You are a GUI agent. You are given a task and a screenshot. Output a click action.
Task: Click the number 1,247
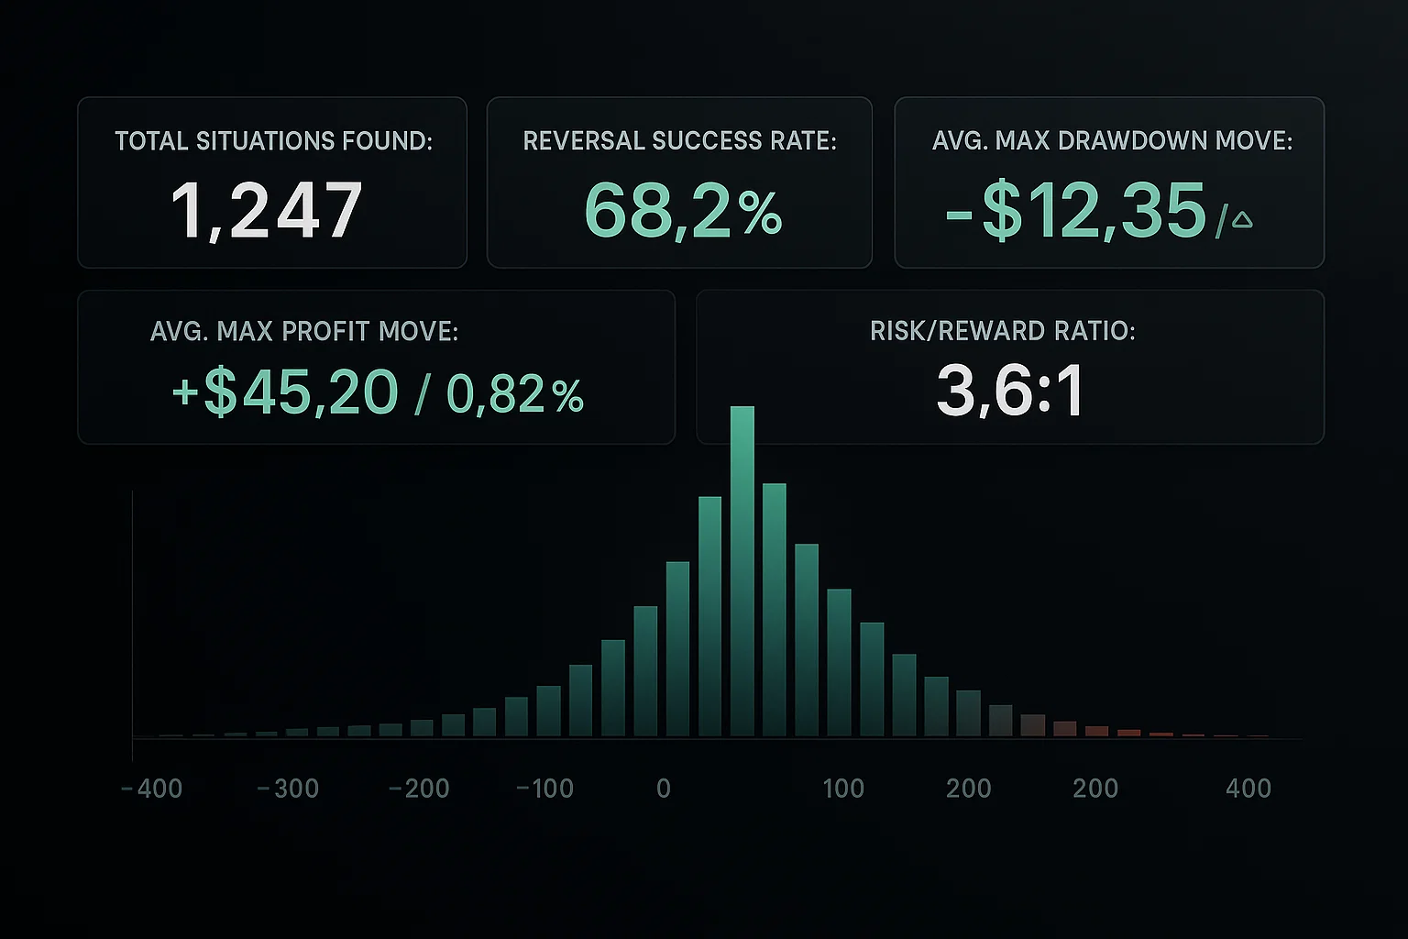267,211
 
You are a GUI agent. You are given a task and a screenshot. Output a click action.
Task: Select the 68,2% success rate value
683,211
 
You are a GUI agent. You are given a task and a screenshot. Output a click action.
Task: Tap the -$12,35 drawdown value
1076,211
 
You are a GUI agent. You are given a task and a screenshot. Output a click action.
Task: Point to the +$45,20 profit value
285,392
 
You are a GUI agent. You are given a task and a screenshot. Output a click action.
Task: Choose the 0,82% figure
514,394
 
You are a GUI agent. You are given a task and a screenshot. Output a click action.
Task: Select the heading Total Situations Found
273,141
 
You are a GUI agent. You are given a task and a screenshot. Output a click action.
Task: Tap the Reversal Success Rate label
679,141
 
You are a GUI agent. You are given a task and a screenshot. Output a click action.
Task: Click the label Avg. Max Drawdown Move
1112,141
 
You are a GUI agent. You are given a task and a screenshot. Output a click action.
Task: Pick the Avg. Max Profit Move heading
303,331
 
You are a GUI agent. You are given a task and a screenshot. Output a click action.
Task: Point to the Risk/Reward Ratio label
1002,331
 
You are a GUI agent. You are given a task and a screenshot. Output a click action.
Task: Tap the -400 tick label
152,789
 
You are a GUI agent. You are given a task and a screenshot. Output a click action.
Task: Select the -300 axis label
288,789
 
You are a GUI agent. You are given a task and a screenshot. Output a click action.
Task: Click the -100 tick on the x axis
544,789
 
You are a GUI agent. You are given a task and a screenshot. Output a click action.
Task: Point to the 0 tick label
664,789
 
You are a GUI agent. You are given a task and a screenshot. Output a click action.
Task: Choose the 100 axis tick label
843,789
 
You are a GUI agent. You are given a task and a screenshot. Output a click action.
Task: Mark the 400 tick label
1248,789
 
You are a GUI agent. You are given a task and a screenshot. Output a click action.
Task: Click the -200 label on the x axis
419,789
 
